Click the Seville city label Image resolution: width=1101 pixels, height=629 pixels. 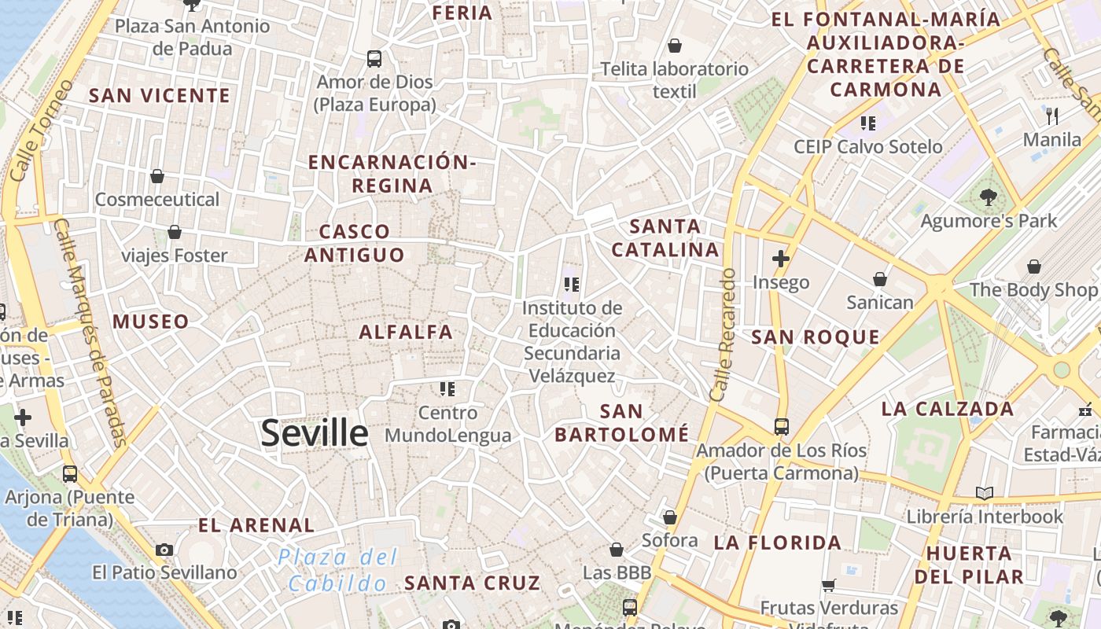click(315, 433)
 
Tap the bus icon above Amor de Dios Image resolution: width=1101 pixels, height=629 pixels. click(374, 58)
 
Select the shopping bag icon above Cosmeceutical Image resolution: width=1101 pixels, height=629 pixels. click(157, 176)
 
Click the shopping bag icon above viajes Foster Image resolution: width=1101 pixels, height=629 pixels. click(175, 232)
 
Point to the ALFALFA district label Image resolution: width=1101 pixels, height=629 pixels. click(406, 333)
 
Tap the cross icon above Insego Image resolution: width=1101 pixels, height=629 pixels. click(780, 259)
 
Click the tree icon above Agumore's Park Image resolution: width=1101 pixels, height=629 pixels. click(989, 197)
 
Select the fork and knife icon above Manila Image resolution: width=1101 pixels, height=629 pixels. click(1052, 116)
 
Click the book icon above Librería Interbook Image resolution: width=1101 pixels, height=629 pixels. click(984, 493)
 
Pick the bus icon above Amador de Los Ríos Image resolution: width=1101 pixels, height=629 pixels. click(781, 427)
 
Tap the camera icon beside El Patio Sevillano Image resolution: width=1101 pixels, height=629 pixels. click(164, 550)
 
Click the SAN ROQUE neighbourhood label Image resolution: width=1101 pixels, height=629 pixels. click(816, 338)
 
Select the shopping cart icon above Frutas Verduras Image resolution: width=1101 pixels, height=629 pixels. click(828, 585)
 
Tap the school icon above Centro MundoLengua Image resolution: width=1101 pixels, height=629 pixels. click(447, 388)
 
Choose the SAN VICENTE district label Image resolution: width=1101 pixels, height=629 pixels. click(160, 96)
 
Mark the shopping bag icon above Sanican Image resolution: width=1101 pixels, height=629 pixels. click(879, 279)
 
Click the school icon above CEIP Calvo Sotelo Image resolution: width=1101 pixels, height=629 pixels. click(868, 123)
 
